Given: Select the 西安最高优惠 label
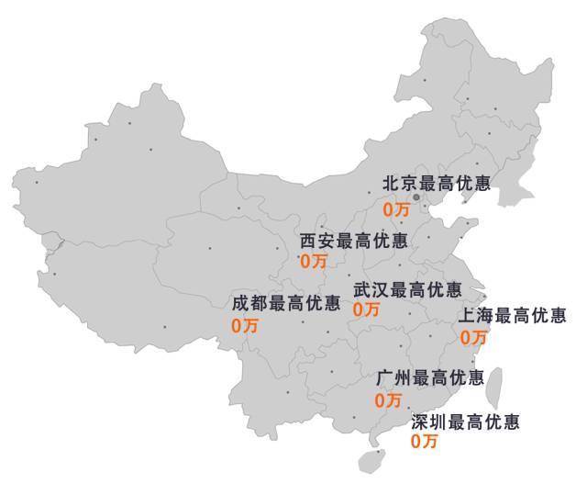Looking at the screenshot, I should pos(354,241).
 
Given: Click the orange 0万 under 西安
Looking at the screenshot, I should pos(313,261).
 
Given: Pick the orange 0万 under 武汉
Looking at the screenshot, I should pos(366,309).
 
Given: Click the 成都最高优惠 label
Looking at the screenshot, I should pos(286,303).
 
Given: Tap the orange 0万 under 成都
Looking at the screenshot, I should pos(245,324).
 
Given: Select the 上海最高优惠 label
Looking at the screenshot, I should pos(513,316).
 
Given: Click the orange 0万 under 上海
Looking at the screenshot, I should pos(473,337).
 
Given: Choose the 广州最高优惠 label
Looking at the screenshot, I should pos(430,377).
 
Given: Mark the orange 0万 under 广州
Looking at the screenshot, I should pos(389,400).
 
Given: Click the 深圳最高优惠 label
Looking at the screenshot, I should pos(465,422).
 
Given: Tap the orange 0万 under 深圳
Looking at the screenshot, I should pos(425,442).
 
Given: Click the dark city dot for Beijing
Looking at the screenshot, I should pos(415,197).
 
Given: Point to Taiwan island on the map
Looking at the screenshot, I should pos(493,387).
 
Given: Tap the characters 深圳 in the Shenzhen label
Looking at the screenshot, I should pos(425,422).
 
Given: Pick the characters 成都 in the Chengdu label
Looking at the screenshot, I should pos(245,303).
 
